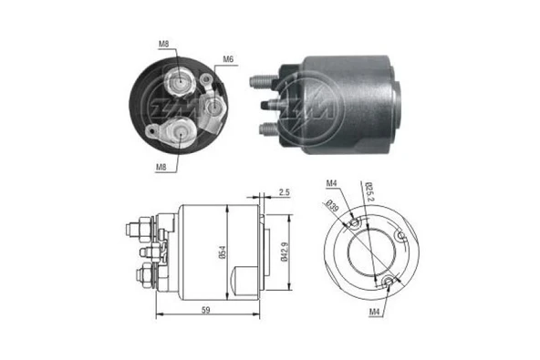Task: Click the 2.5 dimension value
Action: click(285, 192)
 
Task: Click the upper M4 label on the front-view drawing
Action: click(330, 185)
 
